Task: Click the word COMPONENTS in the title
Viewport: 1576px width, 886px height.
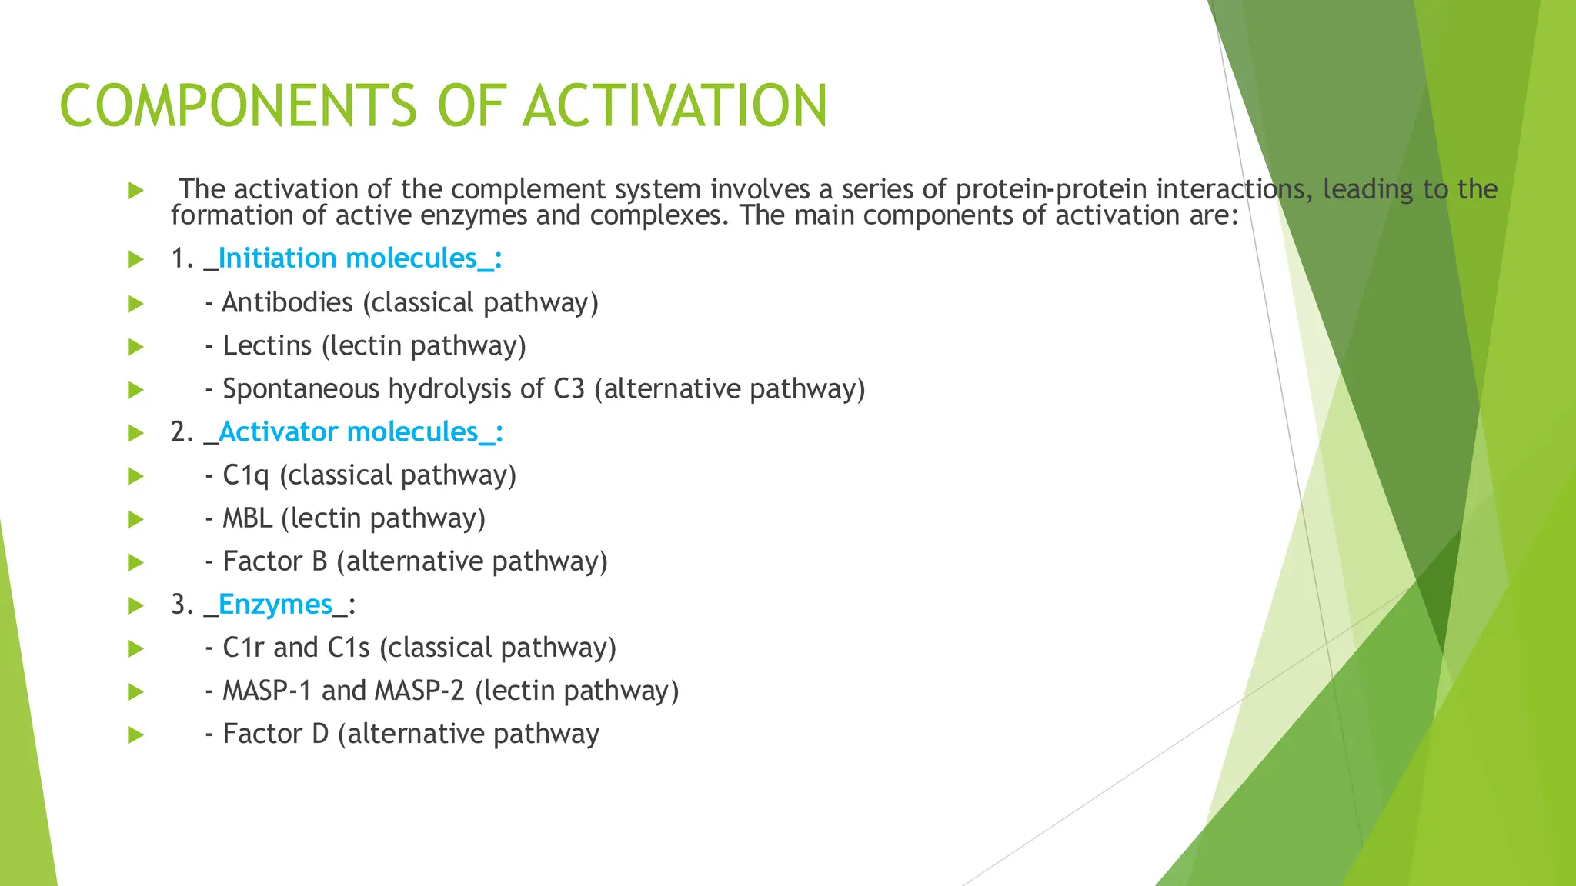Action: click(x=238, y=106)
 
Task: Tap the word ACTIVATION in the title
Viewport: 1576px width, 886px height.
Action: click(x=675, y=106)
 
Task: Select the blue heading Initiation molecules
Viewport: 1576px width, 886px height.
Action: click(x=348, y=258)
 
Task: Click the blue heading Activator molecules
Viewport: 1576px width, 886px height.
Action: click(x=349, y=432)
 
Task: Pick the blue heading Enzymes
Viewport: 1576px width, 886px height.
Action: click(x=275, y=605)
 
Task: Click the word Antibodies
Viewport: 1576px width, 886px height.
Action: click(x=287, y=303)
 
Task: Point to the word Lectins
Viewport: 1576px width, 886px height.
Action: click(x=267, y=346)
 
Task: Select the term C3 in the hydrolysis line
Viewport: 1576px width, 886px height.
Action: click(x=569, y=389)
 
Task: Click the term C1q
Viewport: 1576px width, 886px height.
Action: click(x=245, y=475)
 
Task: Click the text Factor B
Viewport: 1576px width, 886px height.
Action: click(x=275, y=561)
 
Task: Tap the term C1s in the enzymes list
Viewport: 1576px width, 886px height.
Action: click(x=349, y=648)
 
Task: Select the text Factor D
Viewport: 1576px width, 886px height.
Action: click(x=275, y=734)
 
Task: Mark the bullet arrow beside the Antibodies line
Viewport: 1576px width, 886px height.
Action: click(x=135, y=304)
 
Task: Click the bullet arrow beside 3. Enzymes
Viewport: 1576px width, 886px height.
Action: click(x=135, y=605)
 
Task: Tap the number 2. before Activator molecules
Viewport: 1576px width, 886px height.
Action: click(x=182, y=432)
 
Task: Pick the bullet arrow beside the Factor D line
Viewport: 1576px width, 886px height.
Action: click(x=135, y=734)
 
